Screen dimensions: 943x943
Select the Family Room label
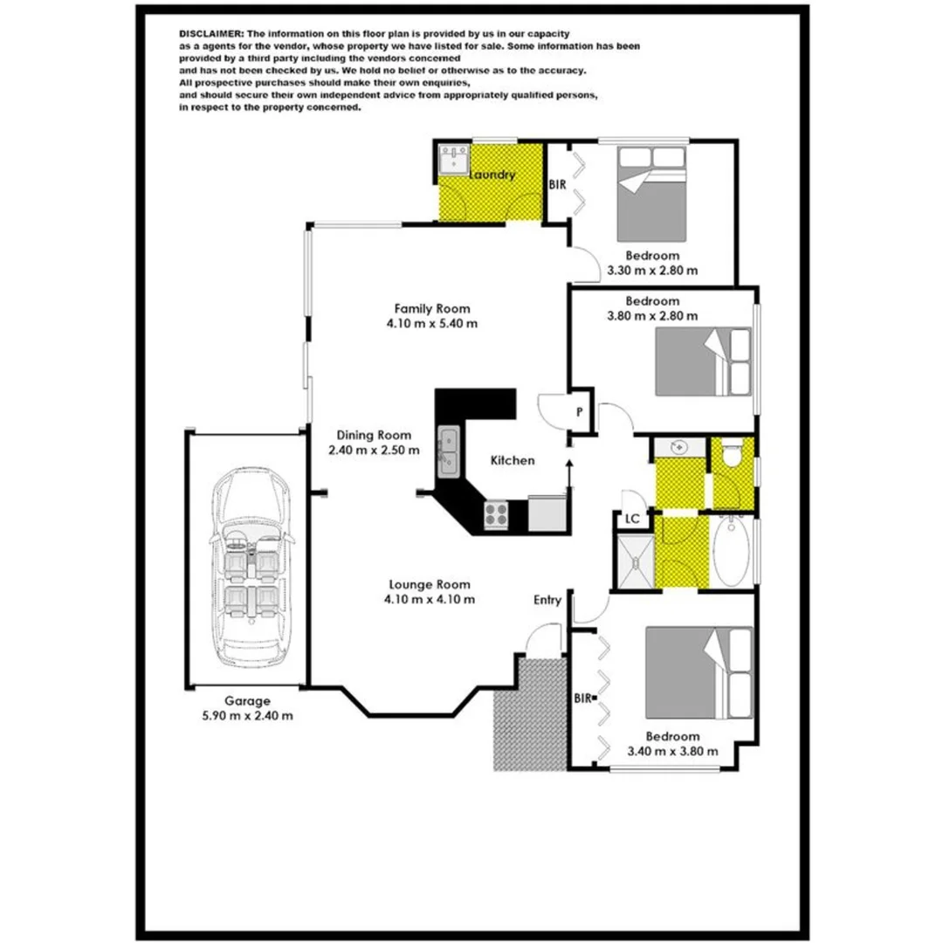[x=432, y=308]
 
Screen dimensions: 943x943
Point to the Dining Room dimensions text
[x=374, y=451]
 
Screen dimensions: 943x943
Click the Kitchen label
[x=513, y=460]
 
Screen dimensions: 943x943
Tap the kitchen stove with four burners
[x=497, y=514]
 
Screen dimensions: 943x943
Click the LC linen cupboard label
[x=632, y=519]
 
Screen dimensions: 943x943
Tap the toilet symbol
[x=732, y=453]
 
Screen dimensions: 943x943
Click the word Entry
[x=548, y=600]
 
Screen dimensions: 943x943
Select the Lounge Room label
[x=430, y=585]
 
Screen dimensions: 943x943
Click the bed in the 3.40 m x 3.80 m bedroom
[x=698, y=670]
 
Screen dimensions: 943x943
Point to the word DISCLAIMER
[x=211, y=32]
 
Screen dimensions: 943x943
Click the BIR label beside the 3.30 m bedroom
[x=557, y=185]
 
